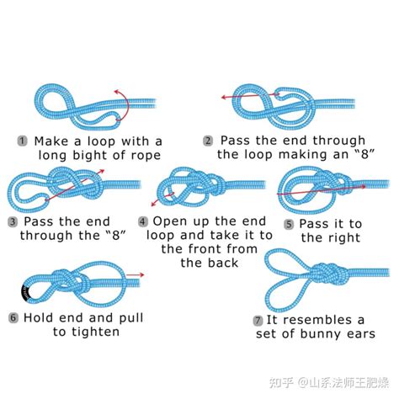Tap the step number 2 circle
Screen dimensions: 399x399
click(x=208, y=141)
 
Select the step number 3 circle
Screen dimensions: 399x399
click(x=13, y=221)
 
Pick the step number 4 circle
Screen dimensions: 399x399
click(x=141, y=221)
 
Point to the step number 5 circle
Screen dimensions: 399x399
click(x=289, y=224)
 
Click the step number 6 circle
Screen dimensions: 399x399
click(x=13, y=317)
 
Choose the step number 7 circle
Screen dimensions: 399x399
click(x=258, y=321)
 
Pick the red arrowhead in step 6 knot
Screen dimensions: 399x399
click(x=142, y=274)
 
